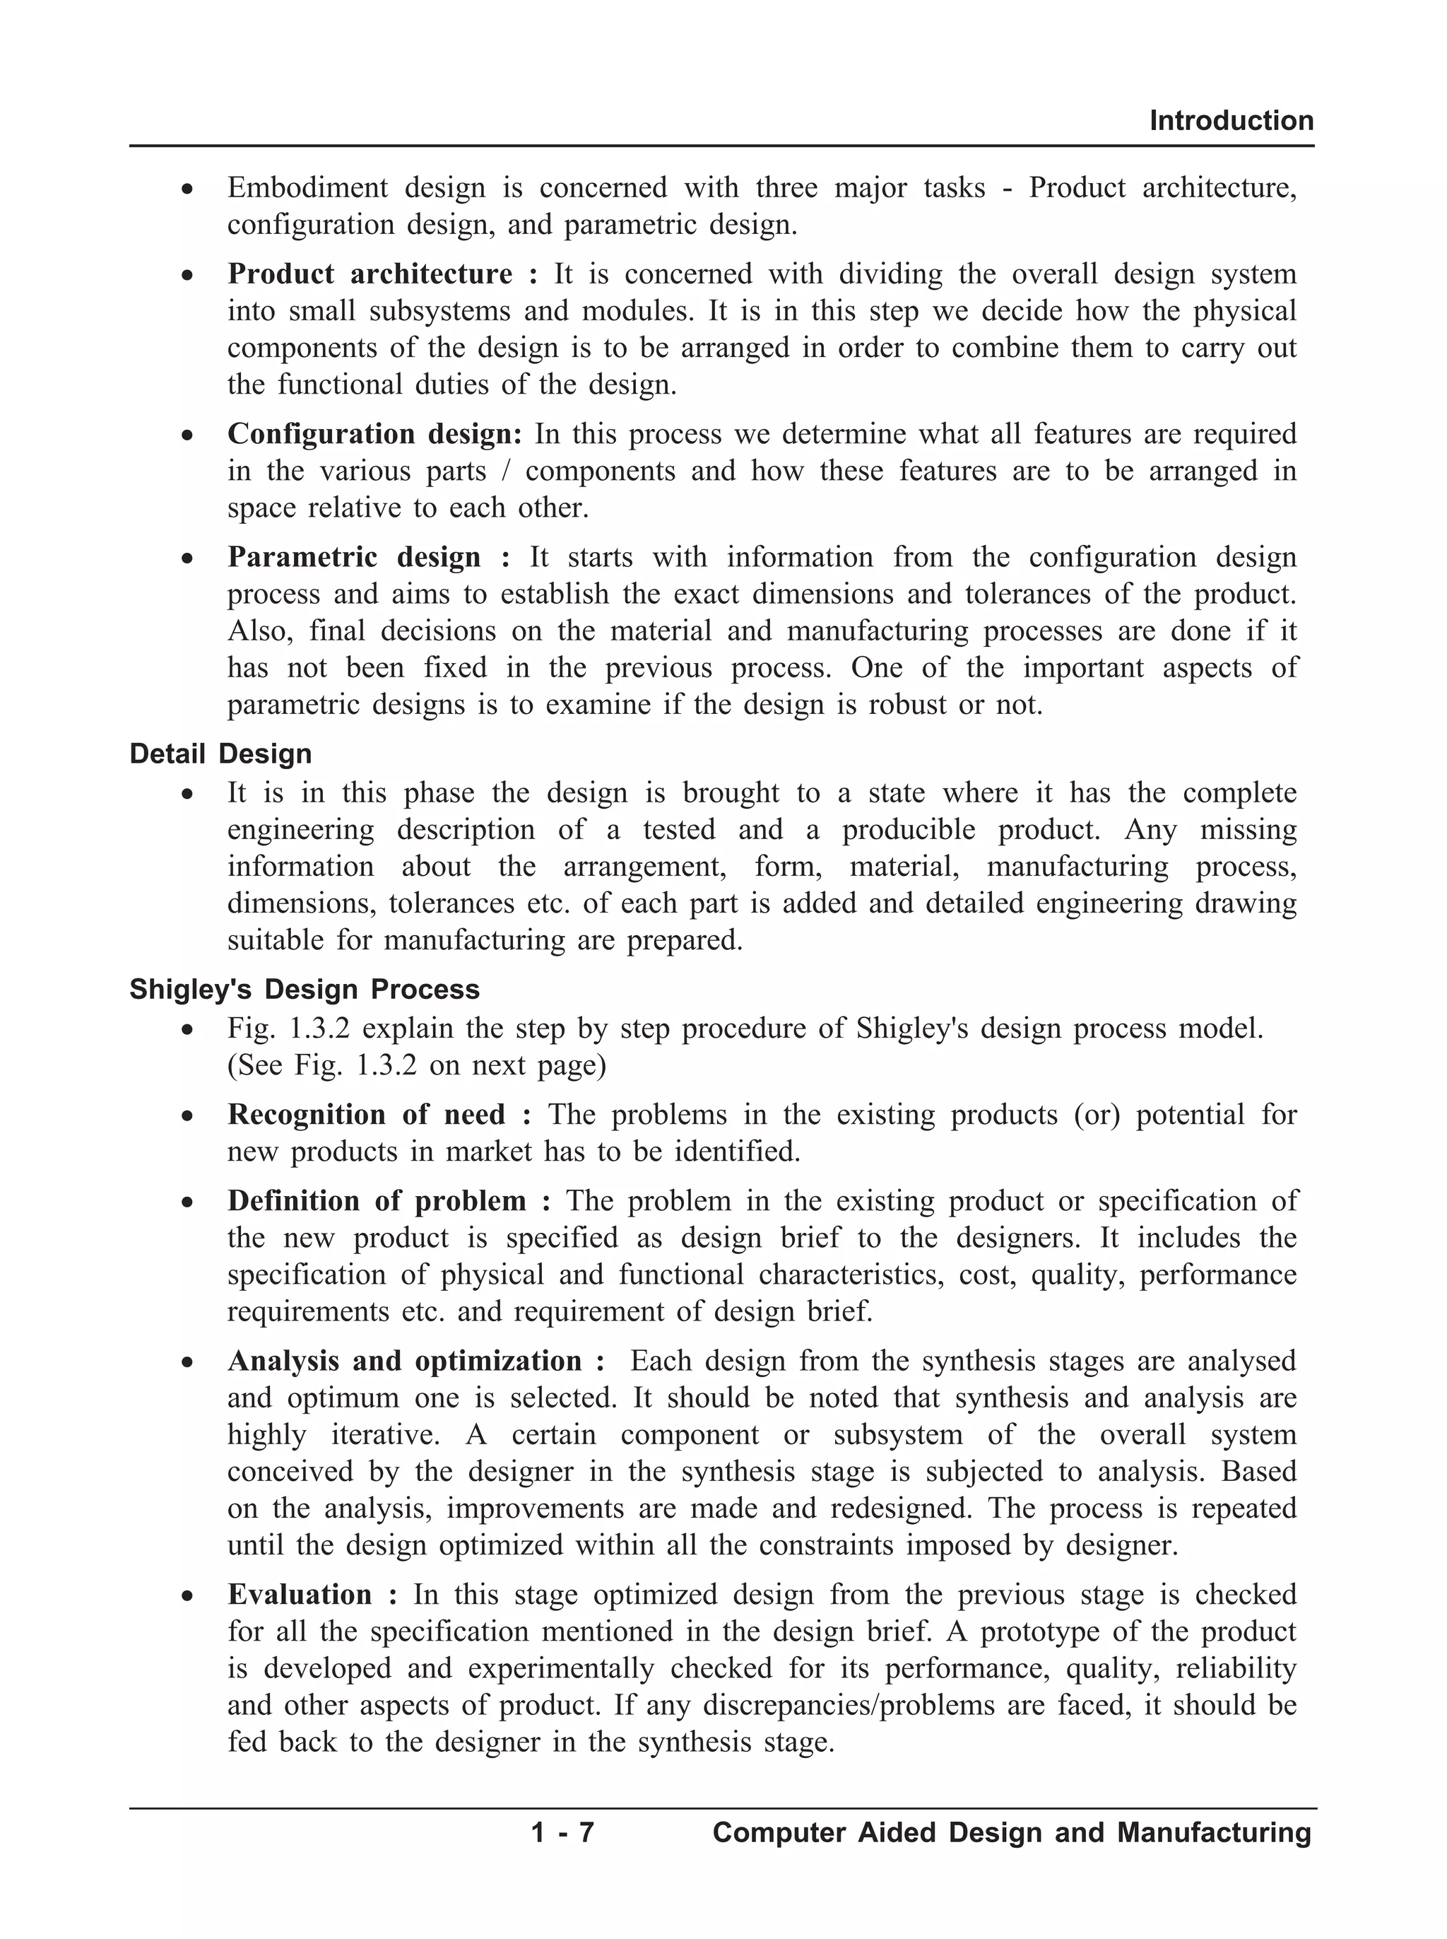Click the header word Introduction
click(1231, 121)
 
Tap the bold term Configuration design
click(374, 434)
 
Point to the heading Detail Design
click(220, 754)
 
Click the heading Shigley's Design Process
click(305, 989)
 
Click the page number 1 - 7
click(562, 1832)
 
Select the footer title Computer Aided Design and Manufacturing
click(1012, 1832)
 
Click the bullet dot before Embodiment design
click(187, 189)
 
